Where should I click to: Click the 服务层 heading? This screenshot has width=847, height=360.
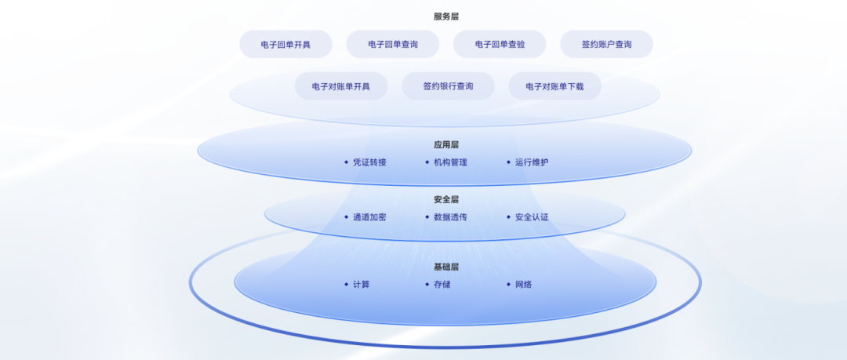click(x=446, y=16)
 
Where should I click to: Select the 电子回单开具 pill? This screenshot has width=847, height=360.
click(x=285, y=45)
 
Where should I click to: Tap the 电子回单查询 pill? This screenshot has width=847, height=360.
click(x=393, y=45)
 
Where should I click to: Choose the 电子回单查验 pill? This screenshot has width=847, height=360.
click(x=500, y=45)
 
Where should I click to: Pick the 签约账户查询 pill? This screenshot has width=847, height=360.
click(x=606, y=45)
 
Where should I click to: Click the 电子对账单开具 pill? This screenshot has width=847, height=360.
click(x=341, y=86)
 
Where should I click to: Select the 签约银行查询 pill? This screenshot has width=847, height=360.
click(x=448, y=86)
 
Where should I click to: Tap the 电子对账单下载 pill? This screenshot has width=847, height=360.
click(x=554, y=86)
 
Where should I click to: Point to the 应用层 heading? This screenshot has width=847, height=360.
click(x=446, y=145)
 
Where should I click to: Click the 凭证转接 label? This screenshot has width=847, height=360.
click(x=369, y=162)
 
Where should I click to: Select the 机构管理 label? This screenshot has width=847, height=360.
click(x=450, y=162)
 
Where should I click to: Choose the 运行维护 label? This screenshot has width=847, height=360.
click(x=532, y=162)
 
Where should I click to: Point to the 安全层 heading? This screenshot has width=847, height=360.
click(x=446, y=199)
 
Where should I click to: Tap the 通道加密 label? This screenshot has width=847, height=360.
click(x=369, y=217)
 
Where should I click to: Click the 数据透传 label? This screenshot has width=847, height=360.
click(x=450, y=217)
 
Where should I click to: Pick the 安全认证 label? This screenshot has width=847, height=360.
click(x=532, y=217)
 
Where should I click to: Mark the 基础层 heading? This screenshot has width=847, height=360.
click(x=446, y=267)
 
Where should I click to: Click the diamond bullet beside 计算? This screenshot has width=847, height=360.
click(x=347, y=285)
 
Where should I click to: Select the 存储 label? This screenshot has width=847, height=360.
click(x=442, y=285)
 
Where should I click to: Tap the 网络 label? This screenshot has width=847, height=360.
click(x=523, y=285)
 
